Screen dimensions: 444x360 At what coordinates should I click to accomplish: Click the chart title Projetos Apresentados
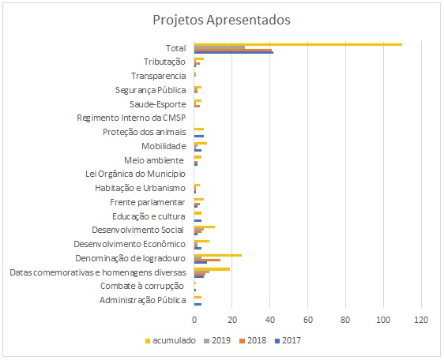click(x=222, y=21)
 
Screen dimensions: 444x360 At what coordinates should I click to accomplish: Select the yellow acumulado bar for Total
click(x=298, y=44)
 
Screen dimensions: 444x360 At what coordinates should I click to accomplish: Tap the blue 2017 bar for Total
click(x=234, y=52)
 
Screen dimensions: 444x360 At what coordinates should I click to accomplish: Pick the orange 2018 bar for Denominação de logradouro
click(x=207, y=260)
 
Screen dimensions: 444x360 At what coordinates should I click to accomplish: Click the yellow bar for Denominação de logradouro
click(x=218, y=255)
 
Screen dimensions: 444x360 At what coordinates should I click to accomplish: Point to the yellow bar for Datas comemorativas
click(x=212, y=269)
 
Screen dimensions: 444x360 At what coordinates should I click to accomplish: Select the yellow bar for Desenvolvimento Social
click(x=205, y=227)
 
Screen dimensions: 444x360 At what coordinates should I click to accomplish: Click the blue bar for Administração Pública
click(x=198, y=304)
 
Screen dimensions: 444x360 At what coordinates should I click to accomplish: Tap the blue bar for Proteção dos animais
click(x=199, y=136)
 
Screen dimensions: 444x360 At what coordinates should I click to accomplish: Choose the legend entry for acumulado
click(x=170, y=340)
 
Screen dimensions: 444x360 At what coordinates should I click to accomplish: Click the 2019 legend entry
click(x=217, y=340)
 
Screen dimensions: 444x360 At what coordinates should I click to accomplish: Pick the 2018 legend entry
click(x=253, y=340)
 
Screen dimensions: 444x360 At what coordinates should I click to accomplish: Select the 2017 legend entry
click(x=288, y=340)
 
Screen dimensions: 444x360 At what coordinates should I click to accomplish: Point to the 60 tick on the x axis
click(x=308, y=320)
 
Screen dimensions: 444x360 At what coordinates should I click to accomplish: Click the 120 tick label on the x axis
click(x=421, y=320)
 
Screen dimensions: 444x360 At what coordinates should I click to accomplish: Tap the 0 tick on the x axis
click(x=194, y=320)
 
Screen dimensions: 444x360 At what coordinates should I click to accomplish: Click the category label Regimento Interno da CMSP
click(x=131, y=118)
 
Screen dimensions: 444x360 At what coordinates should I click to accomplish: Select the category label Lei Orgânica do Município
click(x=136, y=174)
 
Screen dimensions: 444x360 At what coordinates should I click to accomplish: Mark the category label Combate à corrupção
click(x=142, y=286)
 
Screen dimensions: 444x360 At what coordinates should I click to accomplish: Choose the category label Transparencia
click(x=159, y=76)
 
